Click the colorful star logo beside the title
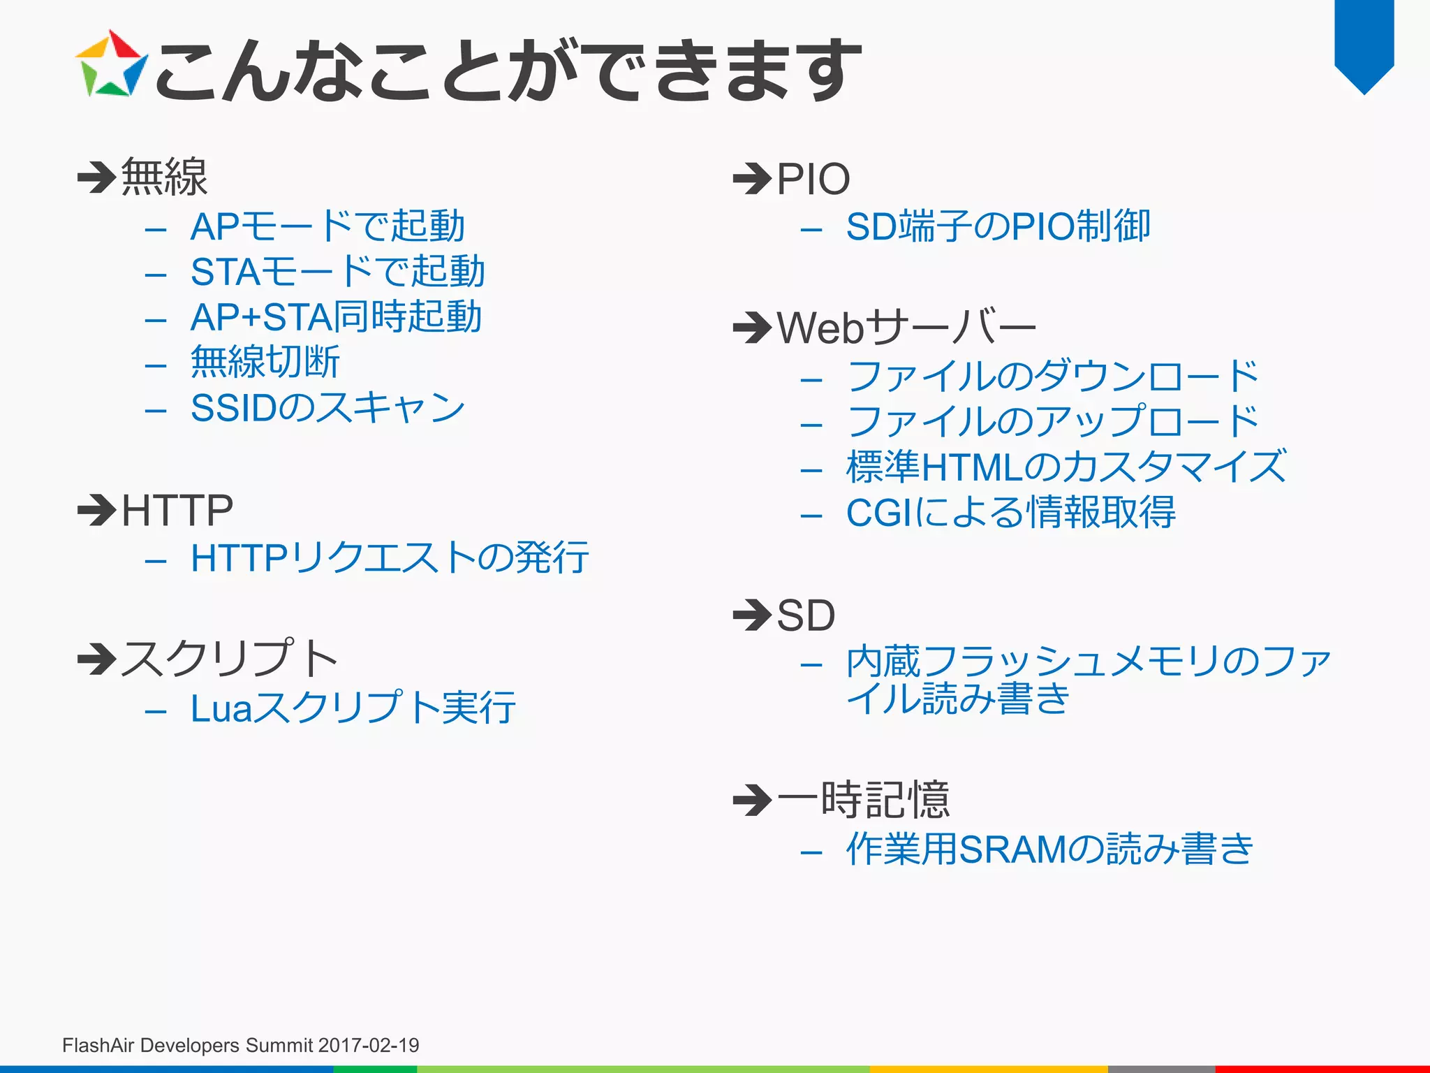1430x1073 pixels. [x=111, y=64]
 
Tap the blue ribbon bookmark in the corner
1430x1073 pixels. [x=1364, y=42]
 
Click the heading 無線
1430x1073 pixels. [x=164, y=177]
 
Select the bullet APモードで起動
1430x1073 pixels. [x=327, y=226]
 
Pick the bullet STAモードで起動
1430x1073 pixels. [x=337, y=272]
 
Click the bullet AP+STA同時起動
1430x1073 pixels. [x=336, y=317]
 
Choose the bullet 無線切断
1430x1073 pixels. [x=265, y=363]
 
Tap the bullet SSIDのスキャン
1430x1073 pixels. [x=327, y=408]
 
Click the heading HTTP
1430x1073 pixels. [x=177, y=511]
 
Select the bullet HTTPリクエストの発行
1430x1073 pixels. [x=390, y=558]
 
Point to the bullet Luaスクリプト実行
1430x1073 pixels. [x=353, y=708]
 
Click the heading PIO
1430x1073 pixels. [x=813, y=179]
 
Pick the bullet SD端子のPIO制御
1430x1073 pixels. [x=998, y=226]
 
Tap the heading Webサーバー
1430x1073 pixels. [x=906, y=328]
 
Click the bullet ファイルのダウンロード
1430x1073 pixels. [x=1052, y=377]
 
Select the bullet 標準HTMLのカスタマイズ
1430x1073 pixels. [x=1066, y=467]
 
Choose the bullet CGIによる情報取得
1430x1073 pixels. [x=1010, y=513]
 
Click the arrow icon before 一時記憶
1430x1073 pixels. [x=752, y=800]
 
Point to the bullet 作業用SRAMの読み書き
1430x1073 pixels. [x=1049, y=849]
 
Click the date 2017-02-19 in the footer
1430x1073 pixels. [x=369, y=1045]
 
